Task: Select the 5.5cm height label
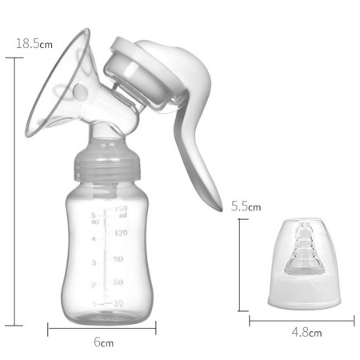coord(246,206)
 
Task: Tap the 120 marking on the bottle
coord(121,233)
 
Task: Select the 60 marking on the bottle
coord(118,282)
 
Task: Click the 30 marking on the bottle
coord(118,303)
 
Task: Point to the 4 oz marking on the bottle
coord(94,238)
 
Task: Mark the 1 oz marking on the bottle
coord(94,305)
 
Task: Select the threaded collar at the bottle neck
coord(103,164)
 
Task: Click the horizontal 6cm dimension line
coord(102,326)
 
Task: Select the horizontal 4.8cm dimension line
coord(301,321)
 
